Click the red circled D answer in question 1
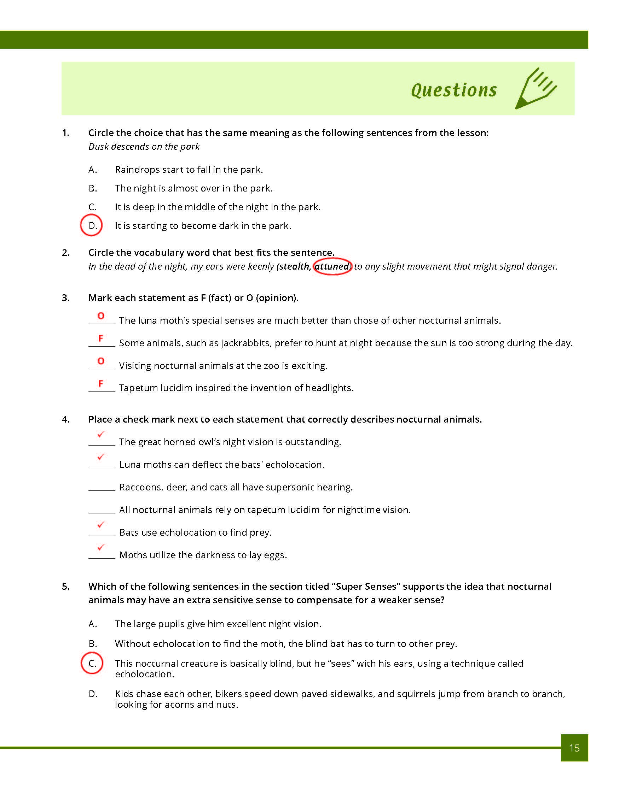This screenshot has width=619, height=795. coord(92,226)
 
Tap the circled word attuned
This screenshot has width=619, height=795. coord(332,266)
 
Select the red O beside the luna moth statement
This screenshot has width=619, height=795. coord(101,316)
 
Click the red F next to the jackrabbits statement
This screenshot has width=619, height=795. coord(101,338)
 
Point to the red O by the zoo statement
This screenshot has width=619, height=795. coord(101,361)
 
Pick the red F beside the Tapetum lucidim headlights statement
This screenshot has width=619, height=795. coord(101,383)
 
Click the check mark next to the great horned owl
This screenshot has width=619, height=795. coord(101,434)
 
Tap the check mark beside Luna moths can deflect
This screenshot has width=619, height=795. coord(101,457)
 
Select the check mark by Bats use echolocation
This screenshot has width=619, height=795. coord(101,525)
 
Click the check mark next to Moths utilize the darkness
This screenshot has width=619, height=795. coord(101,547)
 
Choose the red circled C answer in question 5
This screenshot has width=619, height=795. coord(92,663)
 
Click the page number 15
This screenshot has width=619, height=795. coord(574,748)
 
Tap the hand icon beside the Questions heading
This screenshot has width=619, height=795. coord(536,88)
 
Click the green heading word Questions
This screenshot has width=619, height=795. coord(453,90)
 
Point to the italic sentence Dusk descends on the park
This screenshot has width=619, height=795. coord(144,147)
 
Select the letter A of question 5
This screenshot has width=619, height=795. coord(93,624)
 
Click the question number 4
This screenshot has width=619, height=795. coord(65,419)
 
